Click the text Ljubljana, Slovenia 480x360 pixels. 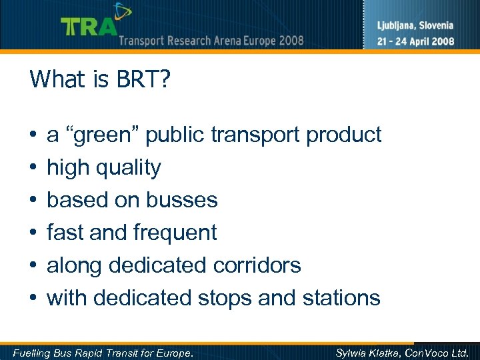pyautogui.click(x=415, y=26)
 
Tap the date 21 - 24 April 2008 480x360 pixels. pyautogui.click(x=415, y=41)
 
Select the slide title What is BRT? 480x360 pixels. pyautogui.click(x=100, y=79)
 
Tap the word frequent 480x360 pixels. pyautogui.click(x=175, y=233)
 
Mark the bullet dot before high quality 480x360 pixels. pyautogui.click(x=33, y=168)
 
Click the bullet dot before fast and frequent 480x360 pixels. pyautogui.click(x=33, y=233)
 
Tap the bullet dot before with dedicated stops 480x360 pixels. pyautogui.click(x=33, y=298)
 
